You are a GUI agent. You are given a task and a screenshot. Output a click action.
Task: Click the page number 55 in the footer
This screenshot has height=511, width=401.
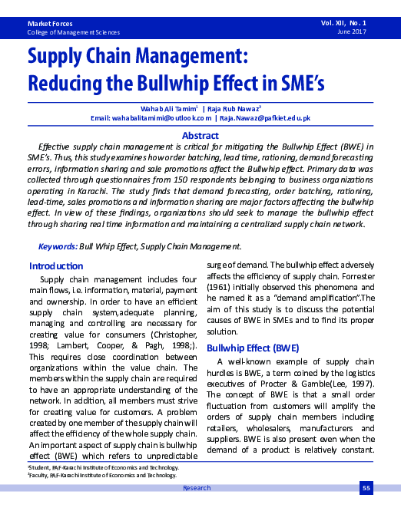tap(366, 487)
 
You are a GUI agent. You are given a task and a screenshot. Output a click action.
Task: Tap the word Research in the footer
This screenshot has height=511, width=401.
tap(197, 487)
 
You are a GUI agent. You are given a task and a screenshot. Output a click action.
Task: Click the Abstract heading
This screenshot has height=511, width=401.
tap(200, 136)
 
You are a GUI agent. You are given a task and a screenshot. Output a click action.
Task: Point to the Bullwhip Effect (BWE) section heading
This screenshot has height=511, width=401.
tap(253, 348)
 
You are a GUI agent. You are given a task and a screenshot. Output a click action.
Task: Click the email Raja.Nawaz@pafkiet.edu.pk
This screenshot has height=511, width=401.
tap(265, 119)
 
